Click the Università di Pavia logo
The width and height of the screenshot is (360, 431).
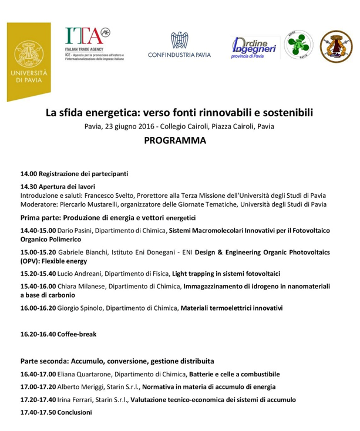(29, 60)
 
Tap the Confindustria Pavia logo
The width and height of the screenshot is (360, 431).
(180, 45)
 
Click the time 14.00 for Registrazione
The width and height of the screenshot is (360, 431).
(29, 174)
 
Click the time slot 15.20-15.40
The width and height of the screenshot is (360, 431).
(38, 274)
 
